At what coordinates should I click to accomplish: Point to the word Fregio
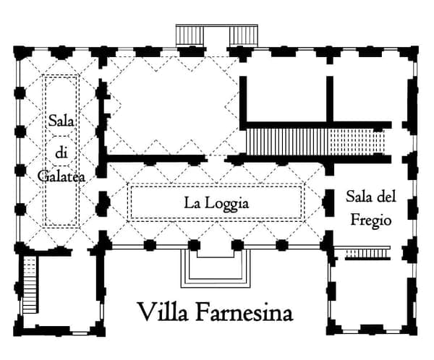(x=369, y=220)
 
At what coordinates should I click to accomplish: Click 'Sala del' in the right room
(x=370, y=197)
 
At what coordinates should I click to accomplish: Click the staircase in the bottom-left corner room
(x=29, y=286)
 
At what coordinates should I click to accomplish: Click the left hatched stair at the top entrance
(x=191, y=35)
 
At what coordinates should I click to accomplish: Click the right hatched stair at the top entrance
(x=244, y=35)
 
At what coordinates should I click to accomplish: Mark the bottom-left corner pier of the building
(x=21, y=330)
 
